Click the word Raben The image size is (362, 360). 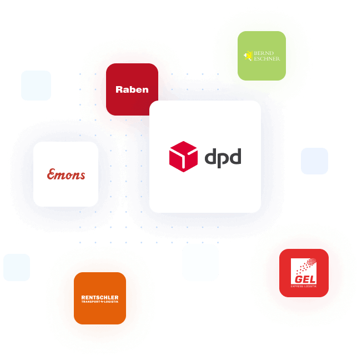pyautogui.click(x=132, y=89)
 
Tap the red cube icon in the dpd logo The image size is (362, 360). pyautogui.click(x=183, y=156)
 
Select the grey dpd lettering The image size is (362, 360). pyautogui.click(x=223, y=157)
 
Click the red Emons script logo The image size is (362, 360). pyautogui.click(x=66, y=174)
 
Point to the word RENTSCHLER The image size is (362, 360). pyautogui.click(x=100, y=298)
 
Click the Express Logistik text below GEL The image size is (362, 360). pyautogui.click(x=304, y=286)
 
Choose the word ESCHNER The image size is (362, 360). pyautogui.click(x=267, y=58)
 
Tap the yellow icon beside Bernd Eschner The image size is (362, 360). pyautogui.click(x=248, y=56)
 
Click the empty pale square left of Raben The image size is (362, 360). pyautogui.click(x=36, y=86)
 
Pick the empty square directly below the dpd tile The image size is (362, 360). pyautogui.click(x=200, y=262)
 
